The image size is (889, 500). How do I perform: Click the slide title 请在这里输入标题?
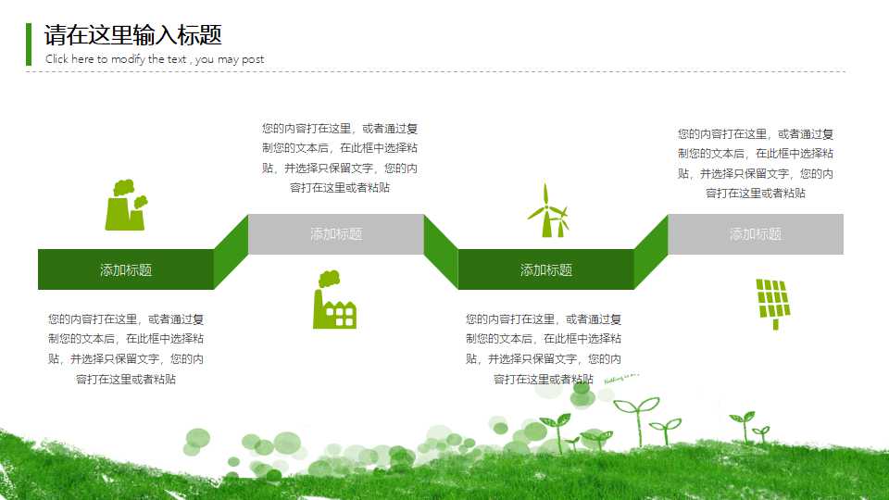point(133,35)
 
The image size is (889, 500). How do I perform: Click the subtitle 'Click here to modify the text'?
point(155,59)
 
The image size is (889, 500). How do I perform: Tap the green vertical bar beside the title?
point(29,44)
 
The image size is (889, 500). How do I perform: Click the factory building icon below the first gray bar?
point(334,300)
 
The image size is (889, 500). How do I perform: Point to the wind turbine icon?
point(548,211)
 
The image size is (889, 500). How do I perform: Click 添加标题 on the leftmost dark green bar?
point(126,269)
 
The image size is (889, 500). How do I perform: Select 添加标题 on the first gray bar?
point(336,234)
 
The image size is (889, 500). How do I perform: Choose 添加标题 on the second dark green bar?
point(546,269)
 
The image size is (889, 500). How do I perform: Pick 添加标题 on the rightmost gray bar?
point(756,234)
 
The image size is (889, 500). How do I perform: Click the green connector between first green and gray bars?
point(231,252)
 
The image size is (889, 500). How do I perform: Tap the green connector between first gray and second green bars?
point(441,252)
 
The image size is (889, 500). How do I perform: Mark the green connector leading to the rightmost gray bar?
point(651,252)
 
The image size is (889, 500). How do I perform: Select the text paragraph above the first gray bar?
point(340,157)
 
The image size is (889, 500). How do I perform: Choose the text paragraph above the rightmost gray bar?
point(756,163)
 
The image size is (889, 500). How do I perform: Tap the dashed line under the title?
point(435,71)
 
